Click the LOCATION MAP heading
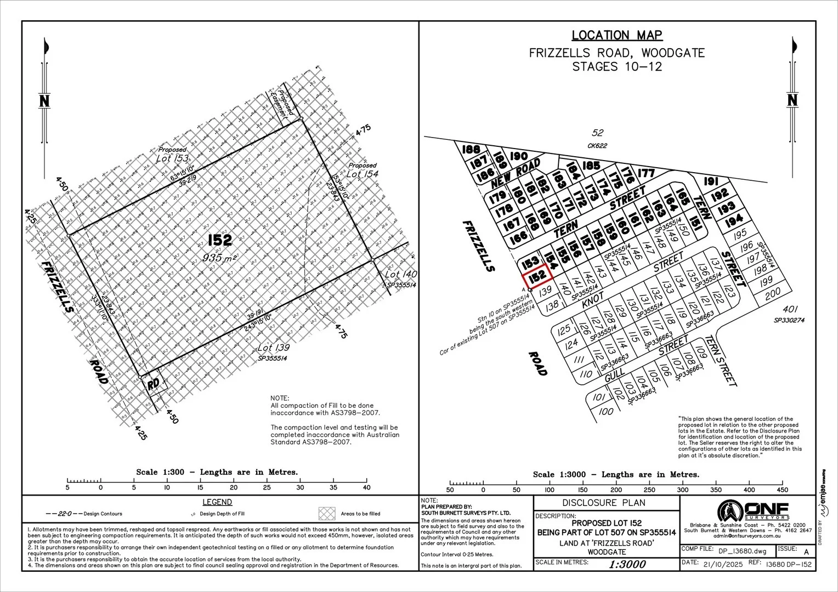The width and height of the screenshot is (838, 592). click(617, 36)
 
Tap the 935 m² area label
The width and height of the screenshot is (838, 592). click(220, 257)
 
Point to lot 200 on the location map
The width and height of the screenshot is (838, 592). click(772, 294)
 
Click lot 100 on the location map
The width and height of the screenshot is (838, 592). click(605, 412)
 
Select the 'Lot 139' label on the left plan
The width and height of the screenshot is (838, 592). click(273, 348)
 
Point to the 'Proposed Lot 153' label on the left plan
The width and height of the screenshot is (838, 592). click(172, 155)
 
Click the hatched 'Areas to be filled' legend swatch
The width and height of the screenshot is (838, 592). click(327, 514)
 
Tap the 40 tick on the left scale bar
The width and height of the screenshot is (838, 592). click(367, 487)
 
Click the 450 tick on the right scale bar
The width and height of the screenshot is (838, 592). click(783, 489)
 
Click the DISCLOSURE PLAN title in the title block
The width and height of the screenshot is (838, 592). click(604, 503)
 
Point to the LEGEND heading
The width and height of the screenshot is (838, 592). click(217, 502)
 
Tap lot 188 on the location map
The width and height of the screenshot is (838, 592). click(471, 149)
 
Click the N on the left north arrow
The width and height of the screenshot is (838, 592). click(45, 101)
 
